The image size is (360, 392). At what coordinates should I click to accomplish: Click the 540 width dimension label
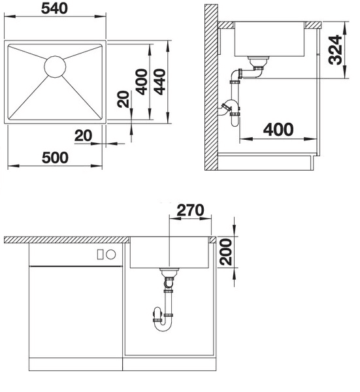pos(54,8)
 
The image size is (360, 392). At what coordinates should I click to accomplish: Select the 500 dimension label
pos(55,157)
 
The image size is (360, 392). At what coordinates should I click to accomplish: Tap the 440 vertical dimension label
pos(159,82)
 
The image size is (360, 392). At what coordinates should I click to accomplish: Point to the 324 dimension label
pos(336,50)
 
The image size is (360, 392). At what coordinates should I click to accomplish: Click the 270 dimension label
pos(190,210)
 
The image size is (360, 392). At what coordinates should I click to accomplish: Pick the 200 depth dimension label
pos(225,252)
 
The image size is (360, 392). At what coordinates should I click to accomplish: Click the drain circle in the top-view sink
pos(55,67)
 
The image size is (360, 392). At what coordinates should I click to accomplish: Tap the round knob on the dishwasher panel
pos(111,255)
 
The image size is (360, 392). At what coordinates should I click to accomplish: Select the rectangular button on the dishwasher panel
pos(100,255)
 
